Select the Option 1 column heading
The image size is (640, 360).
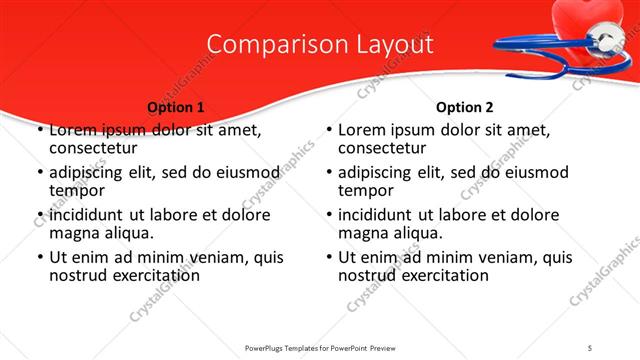[x=176, y=107]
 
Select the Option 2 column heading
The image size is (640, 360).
[x=464, y=107]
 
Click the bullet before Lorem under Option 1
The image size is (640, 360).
[x=39, y=131]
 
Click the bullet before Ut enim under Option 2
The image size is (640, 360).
[x=328, y=258]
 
